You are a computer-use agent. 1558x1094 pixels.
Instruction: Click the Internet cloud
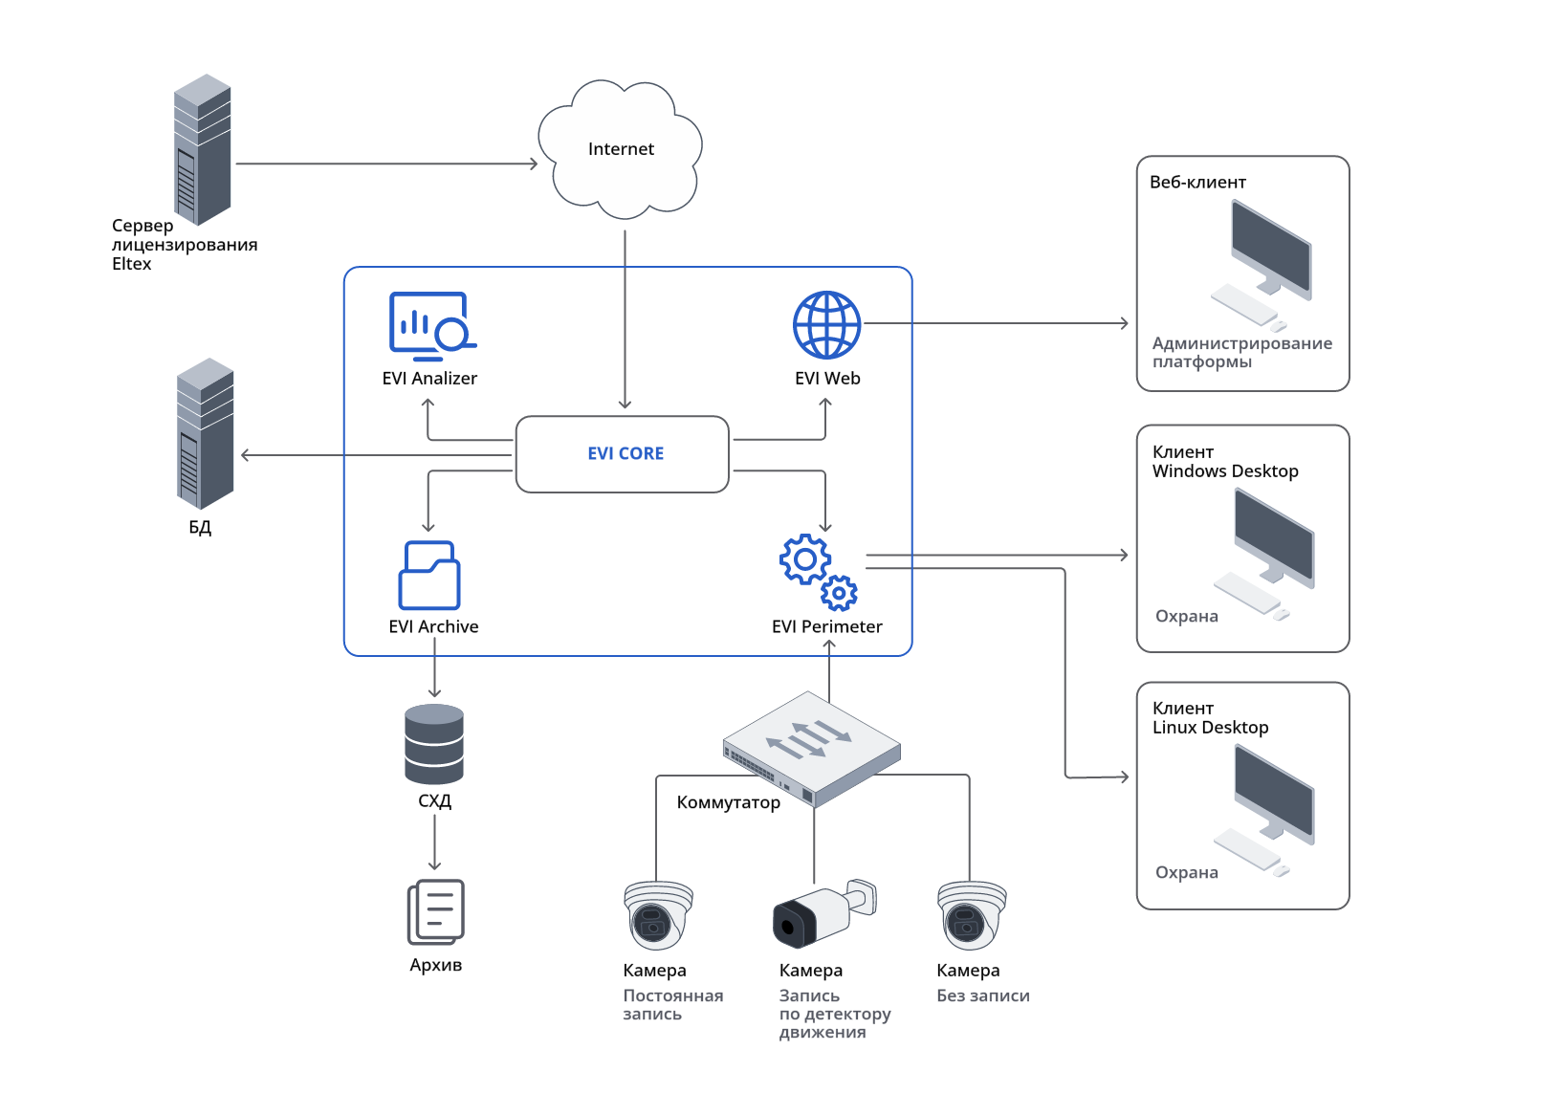click(x=621, y=149)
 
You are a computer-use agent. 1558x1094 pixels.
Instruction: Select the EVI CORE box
click(x=623, y=454)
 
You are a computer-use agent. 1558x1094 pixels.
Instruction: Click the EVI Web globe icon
click(x=826, y=325)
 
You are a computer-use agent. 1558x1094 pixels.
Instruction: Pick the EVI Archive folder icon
click(x=429, y=575)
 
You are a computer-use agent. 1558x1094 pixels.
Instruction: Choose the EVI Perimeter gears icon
click(x=819, y=572)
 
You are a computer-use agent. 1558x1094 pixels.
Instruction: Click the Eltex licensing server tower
click(x=203, y=150)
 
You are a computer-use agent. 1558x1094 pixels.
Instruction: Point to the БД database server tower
click(x=206, y=433)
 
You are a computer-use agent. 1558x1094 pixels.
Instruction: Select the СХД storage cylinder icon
click(x=434, y=744)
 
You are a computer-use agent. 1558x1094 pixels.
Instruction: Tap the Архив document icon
click(x=436, y=911)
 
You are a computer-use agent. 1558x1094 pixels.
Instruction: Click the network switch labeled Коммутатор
click(x=812, y=747)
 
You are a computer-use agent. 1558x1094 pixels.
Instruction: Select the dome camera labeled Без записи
click(x=972, y=914)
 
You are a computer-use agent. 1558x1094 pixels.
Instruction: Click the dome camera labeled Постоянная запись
click(x=658, y=914)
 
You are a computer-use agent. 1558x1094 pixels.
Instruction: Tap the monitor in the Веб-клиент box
click(x=1271, y=251)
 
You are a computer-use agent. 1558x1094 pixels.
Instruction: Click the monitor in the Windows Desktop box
click(x=1274, y=537)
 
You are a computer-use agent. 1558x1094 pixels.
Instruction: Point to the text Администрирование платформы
click(x=1241, y=352)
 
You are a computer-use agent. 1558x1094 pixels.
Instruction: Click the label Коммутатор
click(x=728, y=802)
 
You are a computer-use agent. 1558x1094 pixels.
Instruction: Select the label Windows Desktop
click(x=1225, y=471)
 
